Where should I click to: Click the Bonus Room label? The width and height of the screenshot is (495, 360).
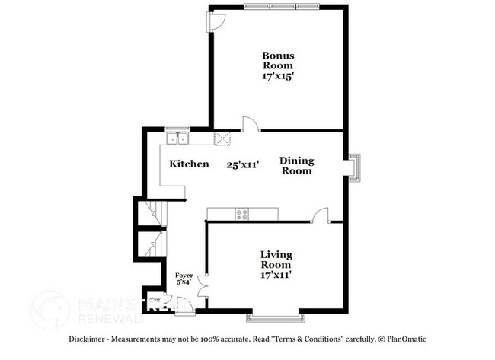278,60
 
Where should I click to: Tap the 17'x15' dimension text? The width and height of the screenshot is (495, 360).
278,77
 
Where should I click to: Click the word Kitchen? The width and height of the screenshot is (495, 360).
189,164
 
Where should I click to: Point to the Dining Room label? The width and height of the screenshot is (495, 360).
296,165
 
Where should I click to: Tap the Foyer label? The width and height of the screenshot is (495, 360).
184,276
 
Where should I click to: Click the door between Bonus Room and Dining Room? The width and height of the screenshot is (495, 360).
249,125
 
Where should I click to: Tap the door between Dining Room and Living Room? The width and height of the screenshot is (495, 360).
321,215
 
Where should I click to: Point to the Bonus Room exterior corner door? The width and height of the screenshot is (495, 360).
216,22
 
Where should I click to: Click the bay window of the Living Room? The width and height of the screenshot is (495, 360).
276,314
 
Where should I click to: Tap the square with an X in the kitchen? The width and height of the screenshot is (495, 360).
223,139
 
